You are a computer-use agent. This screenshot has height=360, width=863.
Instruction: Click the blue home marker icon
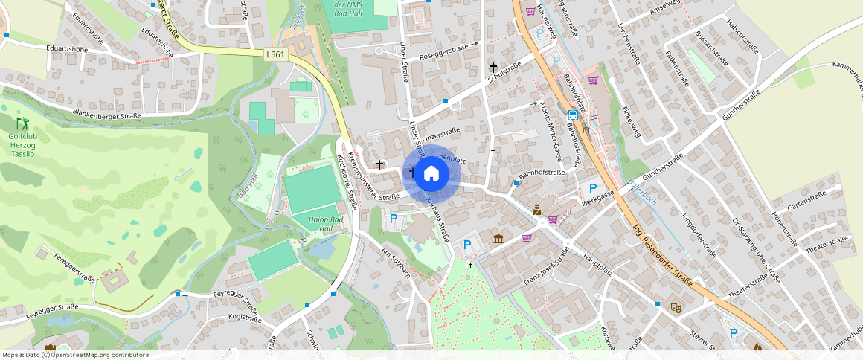[431, 174]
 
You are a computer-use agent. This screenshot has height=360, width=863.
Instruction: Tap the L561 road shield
[275, 54]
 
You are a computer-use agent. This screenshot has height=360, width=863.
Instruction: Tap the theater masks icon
[676, 306]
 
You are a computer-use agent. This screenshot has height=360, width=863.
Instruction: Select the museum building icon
[498, 239]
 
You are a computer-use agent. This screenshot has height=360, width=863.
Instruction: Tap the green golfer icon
[22, 122]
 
